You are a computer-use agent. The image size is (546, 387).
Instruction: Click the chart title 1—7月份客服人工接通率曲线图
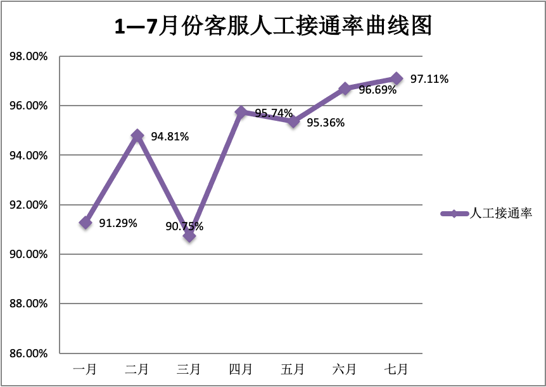[272, 26]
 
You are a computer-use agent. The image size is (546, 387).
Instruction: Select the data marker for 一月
[86, 223]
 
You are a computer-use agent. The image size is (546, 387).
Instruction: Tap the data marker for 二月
[137, 135]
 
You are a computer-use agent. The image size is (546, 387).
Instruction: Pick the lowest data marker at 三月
[189, 236]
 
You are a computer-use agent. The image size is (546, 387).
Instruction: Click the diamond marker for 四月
[241, 112]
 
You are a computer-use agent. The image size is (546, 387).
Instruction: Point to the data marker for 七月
[397, 78]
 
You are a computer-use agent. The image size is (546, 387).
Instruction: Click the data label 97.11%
[429, 79]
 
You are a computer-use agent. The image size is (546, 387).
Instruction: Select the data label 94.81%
[170, 136]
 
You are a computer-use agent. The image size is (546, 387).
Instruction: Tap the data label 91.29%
[118, 223]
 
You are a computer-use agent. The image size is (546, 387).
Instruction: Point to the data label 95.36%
[326, 123]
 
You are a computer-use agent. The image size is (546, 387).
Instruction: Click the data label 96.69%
[378, 90]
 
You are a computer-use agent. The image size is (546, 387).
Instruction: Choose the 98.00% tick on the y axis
[29, 56]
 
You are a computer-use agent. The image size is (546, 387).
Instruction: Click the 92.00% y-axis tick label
[29, 205]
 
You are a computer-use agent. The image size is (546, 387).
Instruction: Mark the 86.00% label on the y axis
[29, 353]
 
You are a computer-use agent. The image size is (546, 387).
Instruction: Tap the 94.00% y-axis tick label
[29, 156]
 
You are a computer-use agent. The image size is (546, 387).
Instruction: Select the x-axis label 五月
[293, 369]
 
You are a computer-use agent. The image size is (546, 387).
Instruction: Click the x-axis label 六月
[345, 369]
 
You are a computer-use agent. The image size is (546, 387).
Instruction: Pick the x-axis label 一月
[86, 369]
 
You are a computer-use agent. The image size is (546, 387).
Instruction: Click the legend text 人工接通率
[500, 214]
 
